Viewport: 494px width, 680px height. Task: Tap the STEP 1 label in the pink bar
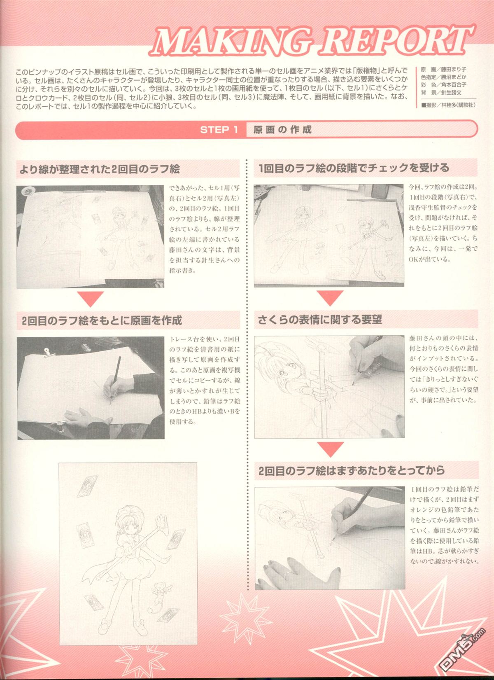(x=219, y=130)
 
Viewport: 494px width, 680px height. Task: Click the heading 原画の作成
(x=282, y=130)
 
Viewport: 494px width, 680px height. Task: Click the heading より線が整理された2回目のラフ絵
(x=100, y=169)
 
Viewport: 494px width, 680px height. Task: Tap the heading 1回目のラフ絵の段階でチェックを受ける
(x=354, y=168)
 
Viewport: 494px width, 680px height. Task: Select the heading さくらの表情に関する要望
(x=319, y=320)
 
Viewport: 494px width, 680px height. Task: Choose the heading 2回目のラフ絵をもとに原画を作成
(x=102, y=320)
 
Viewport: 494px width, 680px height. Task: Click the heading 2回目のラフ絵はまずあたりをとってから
(x=352, y=470)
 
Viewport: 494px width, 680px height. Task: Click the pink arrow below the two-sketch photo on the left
(x=91, y=299)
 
